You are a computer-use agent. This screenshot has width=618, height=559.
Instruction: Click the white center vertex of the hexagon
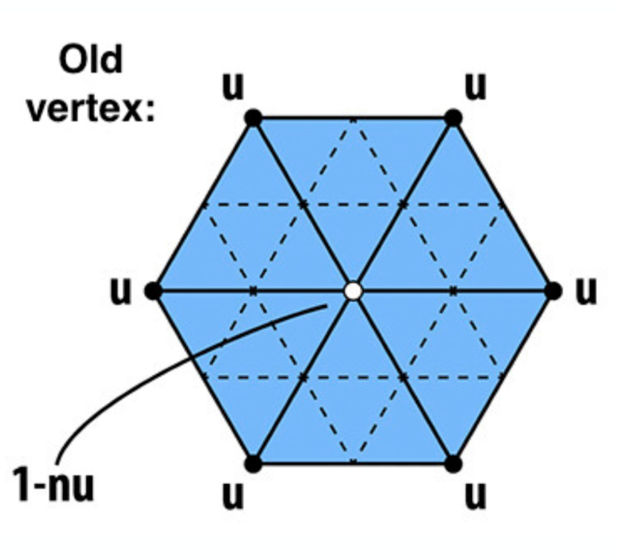(x=353, y=291)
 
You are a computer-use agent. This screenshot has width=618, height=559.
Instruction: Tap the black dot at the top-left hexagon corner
(x=254, y=117)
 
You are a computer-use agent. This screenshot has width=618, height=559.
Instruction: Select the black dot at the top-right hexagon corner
(x=453, y=117)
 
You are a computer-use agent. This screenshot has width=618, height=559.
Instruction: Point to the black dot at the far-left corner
(x=154, y=291)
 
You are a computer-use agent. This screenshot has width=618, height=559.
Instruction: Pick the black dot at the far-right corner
(x=553, y=291)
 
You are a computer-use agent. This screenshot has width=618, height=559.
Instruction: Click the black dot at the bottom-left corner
(x=254, y=464)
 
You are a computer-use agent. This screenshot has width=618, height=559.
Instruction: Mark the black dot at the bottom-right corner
(x=453, y=464)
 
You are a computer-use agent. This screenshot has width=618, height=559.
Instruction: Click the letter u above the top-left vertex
(x=233, y=86)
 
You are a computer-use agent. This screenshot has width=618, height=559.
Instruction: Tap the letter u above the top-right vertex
(x=476, y=86)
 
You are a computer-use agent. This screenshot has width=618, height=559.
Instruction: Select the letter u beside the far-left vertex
(x=120, y=292)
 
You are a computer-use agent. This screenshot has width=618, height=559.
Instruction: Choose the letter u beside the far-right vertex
(x=586, y=292)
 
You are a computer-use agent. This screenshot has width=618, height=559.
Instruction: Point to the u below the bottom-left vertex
(x=233, y=496)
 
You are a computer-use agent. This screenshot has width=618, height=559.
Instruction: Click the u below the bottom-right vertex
(x=476, y=496)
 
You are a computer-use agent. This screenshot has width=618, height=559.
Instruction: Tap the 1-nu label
(x=54, y=484)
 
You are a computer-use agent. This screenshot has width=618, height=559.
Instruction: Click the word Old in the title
(x=91, y=59)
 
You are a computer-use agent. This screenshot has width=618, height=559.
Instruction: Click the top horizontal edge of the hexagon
(x=353, y=117)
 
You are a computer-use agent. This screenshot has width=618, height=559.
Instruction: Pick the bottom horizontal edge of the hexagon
(x=353, y=464)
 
